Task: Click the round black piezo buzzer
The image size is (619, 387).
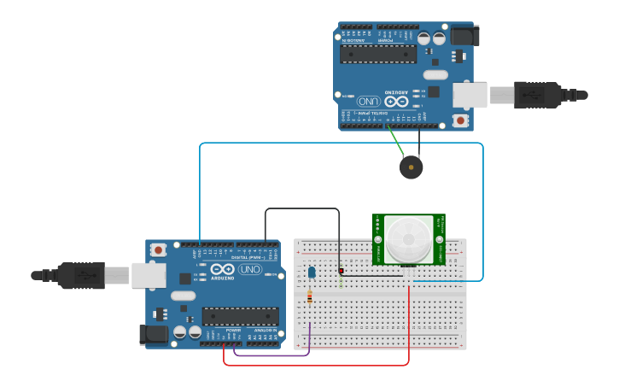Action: pos(411,167)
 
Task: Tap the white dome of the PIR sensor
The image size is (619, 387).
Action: pos(408,239)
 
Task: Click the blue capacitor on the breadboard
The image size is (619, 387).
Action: pos(312,273)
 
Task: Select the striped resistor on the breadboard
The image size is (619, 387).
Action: pos(309,297)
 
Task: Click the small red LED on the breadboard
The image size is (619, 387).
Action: pos(341,271)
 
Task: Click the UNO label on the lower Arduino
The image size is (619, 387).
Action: pos(249,269)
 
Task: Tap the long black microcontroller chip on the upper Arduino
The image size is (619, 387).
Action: pos(377,54)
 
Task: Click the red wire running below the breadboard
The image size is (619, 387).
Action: pos(316,366)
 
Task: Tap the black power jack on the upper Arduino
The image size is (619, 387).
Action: pos(466,35)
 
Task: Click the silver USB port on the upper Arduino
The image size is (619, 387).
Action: pos(470,95)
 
